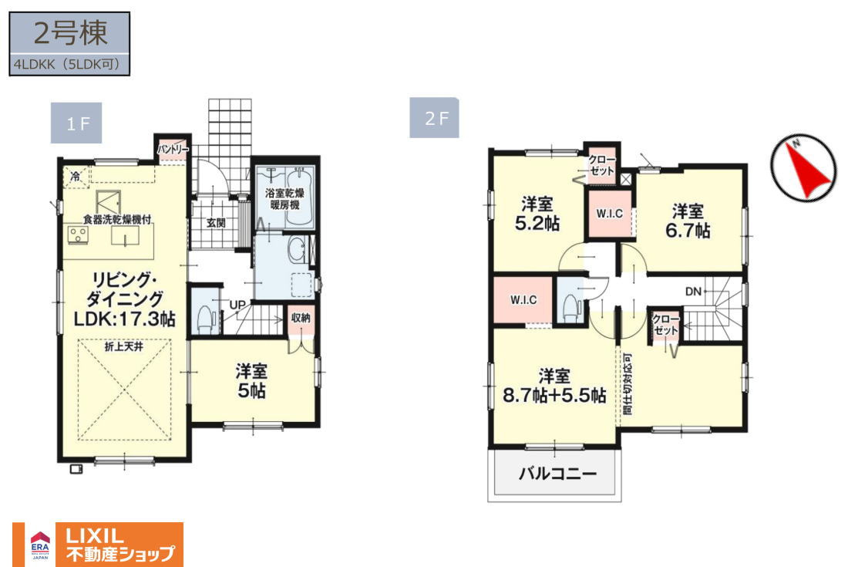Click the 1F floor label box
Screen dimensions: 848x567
coord(76,123)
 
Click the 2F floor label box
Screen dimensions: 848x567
coord(434,117)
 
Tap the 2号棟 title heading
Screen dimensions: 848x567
coord(69,33)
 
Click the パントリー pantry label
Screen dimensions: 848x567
coord(173,149)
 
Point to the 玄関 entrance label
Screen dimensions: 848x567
coord(215,222)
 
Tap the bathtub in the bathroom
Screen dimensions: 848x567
coord(298,196)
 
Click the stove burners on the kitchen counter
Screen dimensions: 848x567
coord(78,235)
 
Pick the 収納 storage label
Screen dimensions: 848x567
coord(301,318)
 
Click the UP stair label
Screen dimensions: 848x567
coord(237,305)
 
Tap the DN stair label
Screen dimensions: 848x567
coord(693,292)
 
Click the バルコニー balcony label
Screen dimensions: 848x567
coord(557,474)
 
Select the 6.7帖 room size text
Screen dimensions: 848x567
coord(688,231)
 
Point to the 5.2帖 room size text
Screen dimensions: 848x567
coord(537,224)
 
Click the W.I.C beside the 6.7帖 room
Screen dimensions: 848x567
coord(610,214)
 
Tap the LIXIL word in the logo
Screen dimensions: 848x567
coord(95,535)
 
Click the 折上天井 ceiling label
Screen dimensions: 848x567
coord(124,346)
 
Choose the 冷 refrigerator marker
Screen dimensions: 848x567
coord(76,176)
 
